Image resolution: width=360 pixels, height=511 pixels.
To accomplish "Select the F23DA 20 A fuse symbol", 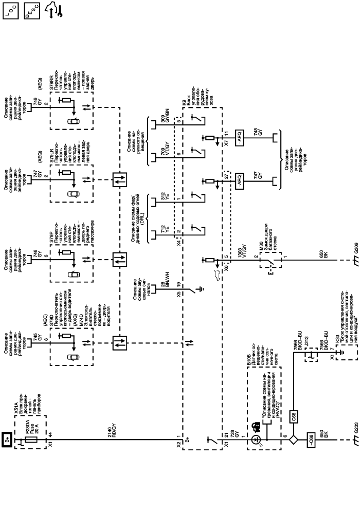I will coord(30,440).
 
